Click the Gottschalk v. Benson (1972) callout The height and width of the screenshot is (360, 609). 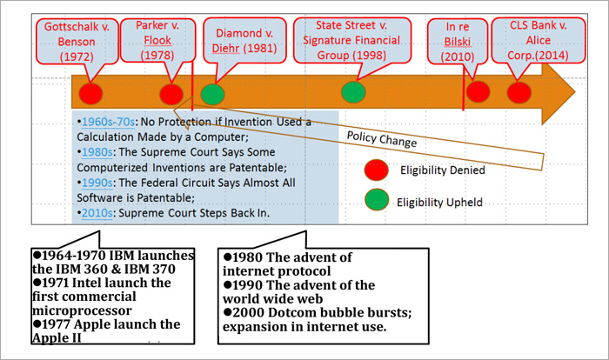pos(77,42)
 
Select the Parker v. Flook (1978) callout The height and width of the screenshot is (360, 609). pos(157,40)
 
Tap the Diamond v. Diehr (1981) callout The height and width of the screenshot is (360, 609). pos(244,40)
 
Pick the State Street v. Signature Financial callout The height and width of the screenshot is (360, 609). pos(351,40)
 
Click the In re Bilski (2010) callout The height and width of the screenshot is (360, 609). pos(458,42)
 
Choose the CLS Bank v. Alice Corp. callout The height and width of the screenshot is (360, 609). pos(539,40)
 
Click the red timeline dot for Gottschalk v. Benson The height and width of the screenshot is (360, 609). pos(90,94)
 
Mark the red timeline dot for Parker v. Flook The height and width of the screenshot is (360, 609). pos(171,94)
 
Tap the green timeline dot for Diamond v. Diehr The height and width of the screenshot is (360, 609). pos(213,94)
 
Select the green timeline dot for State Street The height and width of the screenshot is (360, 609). pos(353,92)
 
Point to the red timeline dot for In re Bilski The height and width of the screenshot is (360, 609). pos(478,91)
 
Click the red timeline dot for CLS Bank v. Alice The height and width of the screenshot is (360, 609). pos(519,92)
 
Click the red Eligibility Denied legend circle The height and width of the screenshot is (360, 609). pos(377,170)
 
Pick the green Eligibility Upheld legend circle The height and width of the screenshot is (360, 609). pos(377,200)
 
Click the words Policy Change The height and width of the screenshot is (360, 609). pos(382,139)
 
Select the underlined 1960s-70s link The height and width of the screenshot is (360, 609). pos(108,122)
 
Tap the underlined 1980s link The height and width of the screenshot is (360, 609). pos(97,152)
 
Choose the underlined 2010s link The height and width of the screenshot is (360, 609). pos(97,213)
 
